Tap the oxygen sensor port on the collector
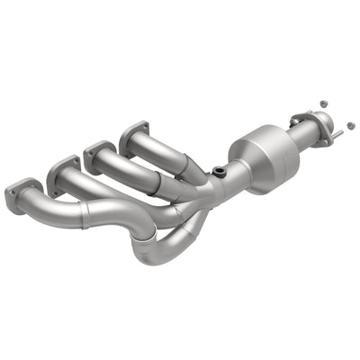219,170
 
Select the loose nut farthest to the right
348,124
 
